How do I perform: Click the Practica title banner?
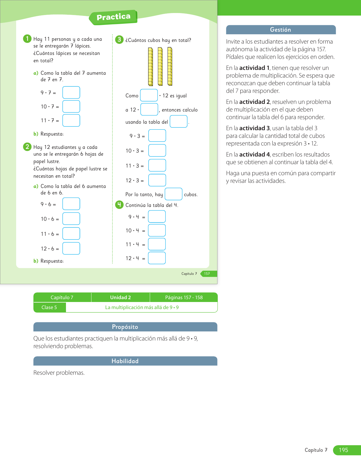coord(113,17)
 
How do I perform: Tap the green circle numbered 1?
coord(27,38)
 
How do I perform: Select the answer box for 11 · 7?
coord(71,120)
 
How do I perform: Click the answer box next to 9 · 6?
coord(71,204)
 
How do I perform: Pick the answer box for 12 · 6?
coord(71,249)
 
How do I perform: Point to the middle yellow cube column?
coord(160,66)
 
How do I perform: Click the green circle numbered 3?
coord(119,40)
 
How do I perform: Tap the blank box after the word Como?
coord(149,95)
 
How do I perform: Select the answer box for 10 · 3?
coord(157,151)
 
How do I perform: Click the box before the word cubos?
coord(173,194)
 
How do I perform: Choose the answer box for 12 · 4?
coord(157,258)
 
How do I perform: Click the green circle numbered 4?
coord(119,205)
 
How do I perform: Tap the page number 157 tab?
coord(208,274)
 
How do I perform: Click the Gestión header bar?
coord(281,30)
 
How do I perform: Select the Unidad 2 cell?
coord(120,297)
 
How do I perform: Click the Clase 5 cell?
coord(49,307)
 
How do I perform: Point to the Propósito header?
coord(125,327)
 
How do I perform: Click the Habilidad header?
coord(125,361)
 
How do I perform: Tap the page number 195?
coord(343,450)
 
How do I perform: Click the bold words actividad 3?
coord(254,128)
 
